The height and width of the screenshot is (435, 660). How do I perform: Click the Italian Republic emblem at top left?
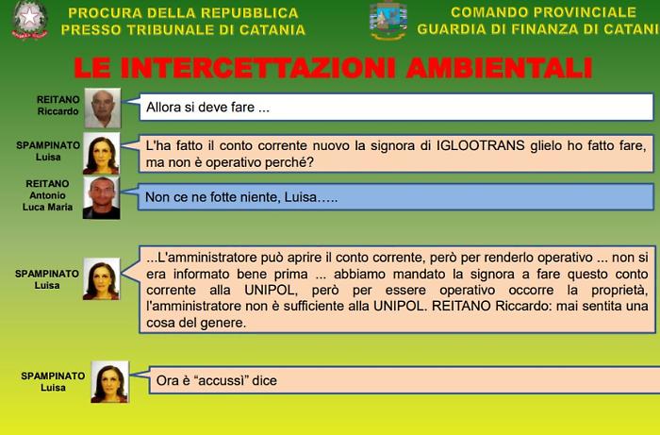point(29,21)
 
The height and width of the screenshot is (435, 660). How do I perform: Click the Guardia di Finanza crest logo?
point(388,21)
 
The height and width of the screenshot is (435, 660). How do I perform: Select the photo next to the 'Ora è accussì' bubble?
point(109,381)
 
